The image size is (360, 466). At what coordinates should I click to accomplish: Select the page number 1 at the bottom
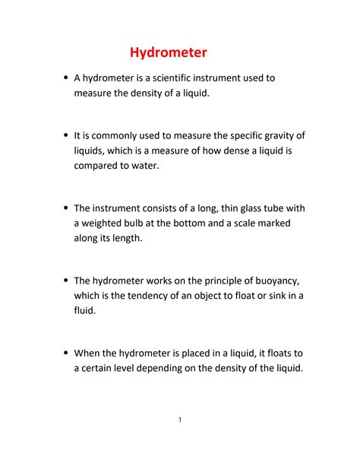point(180,420)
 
